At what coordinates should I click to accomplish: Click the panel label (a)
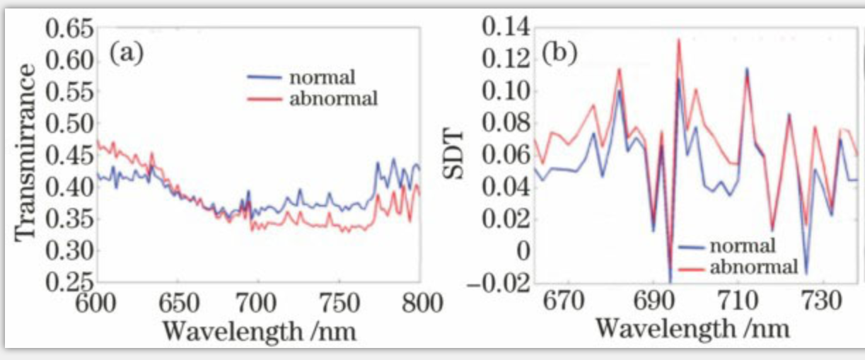click(127, 52)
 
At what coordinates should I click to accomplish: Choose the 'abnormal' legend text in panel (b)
click(753, 267)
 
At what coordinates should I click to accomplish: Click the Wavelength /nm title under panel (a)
click(258, 330)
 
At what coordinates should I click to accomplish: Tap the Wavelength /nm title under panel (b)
click(692, 329)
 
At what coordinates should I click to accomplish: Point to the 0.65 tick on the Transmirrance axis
click(69, 30)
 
